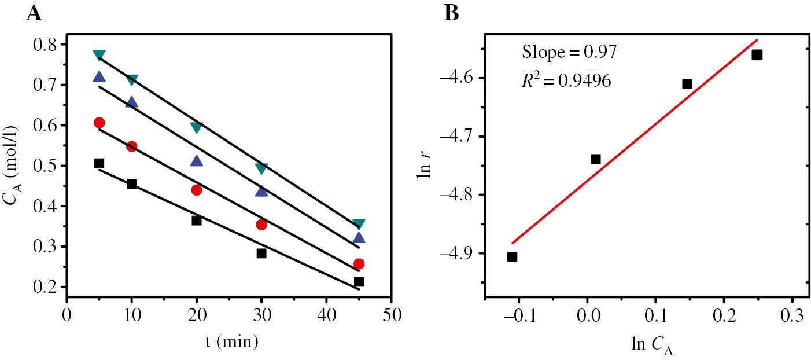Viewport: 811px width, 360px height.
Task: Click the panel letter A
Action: coord(34,13)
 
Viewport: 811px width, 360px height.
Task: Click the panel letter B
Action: coord(451,13)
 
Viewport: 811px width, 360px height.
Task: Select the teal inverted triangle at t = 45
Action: coord(359,224)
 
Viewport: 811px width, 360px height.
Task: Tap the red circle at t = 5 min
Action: coord(99,123)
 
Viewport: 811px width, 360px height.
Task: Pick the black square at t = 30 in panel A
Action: coord(261,253)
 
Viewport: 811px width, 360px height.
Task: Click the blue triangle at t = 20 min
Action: coord(197,161)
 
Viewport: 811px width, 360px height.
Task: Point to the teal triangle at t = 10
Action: coord(132,79)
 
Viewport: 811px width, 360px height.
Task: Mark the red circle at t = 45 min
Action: coord(359,264)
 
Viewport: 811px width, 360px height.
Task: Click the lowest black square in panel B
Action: coord(512,256)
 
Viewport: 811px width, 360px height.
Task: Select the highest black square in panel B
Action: coord(757,55)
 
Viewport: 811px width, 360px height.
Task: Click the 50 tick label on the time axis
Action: coord(391,316)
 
